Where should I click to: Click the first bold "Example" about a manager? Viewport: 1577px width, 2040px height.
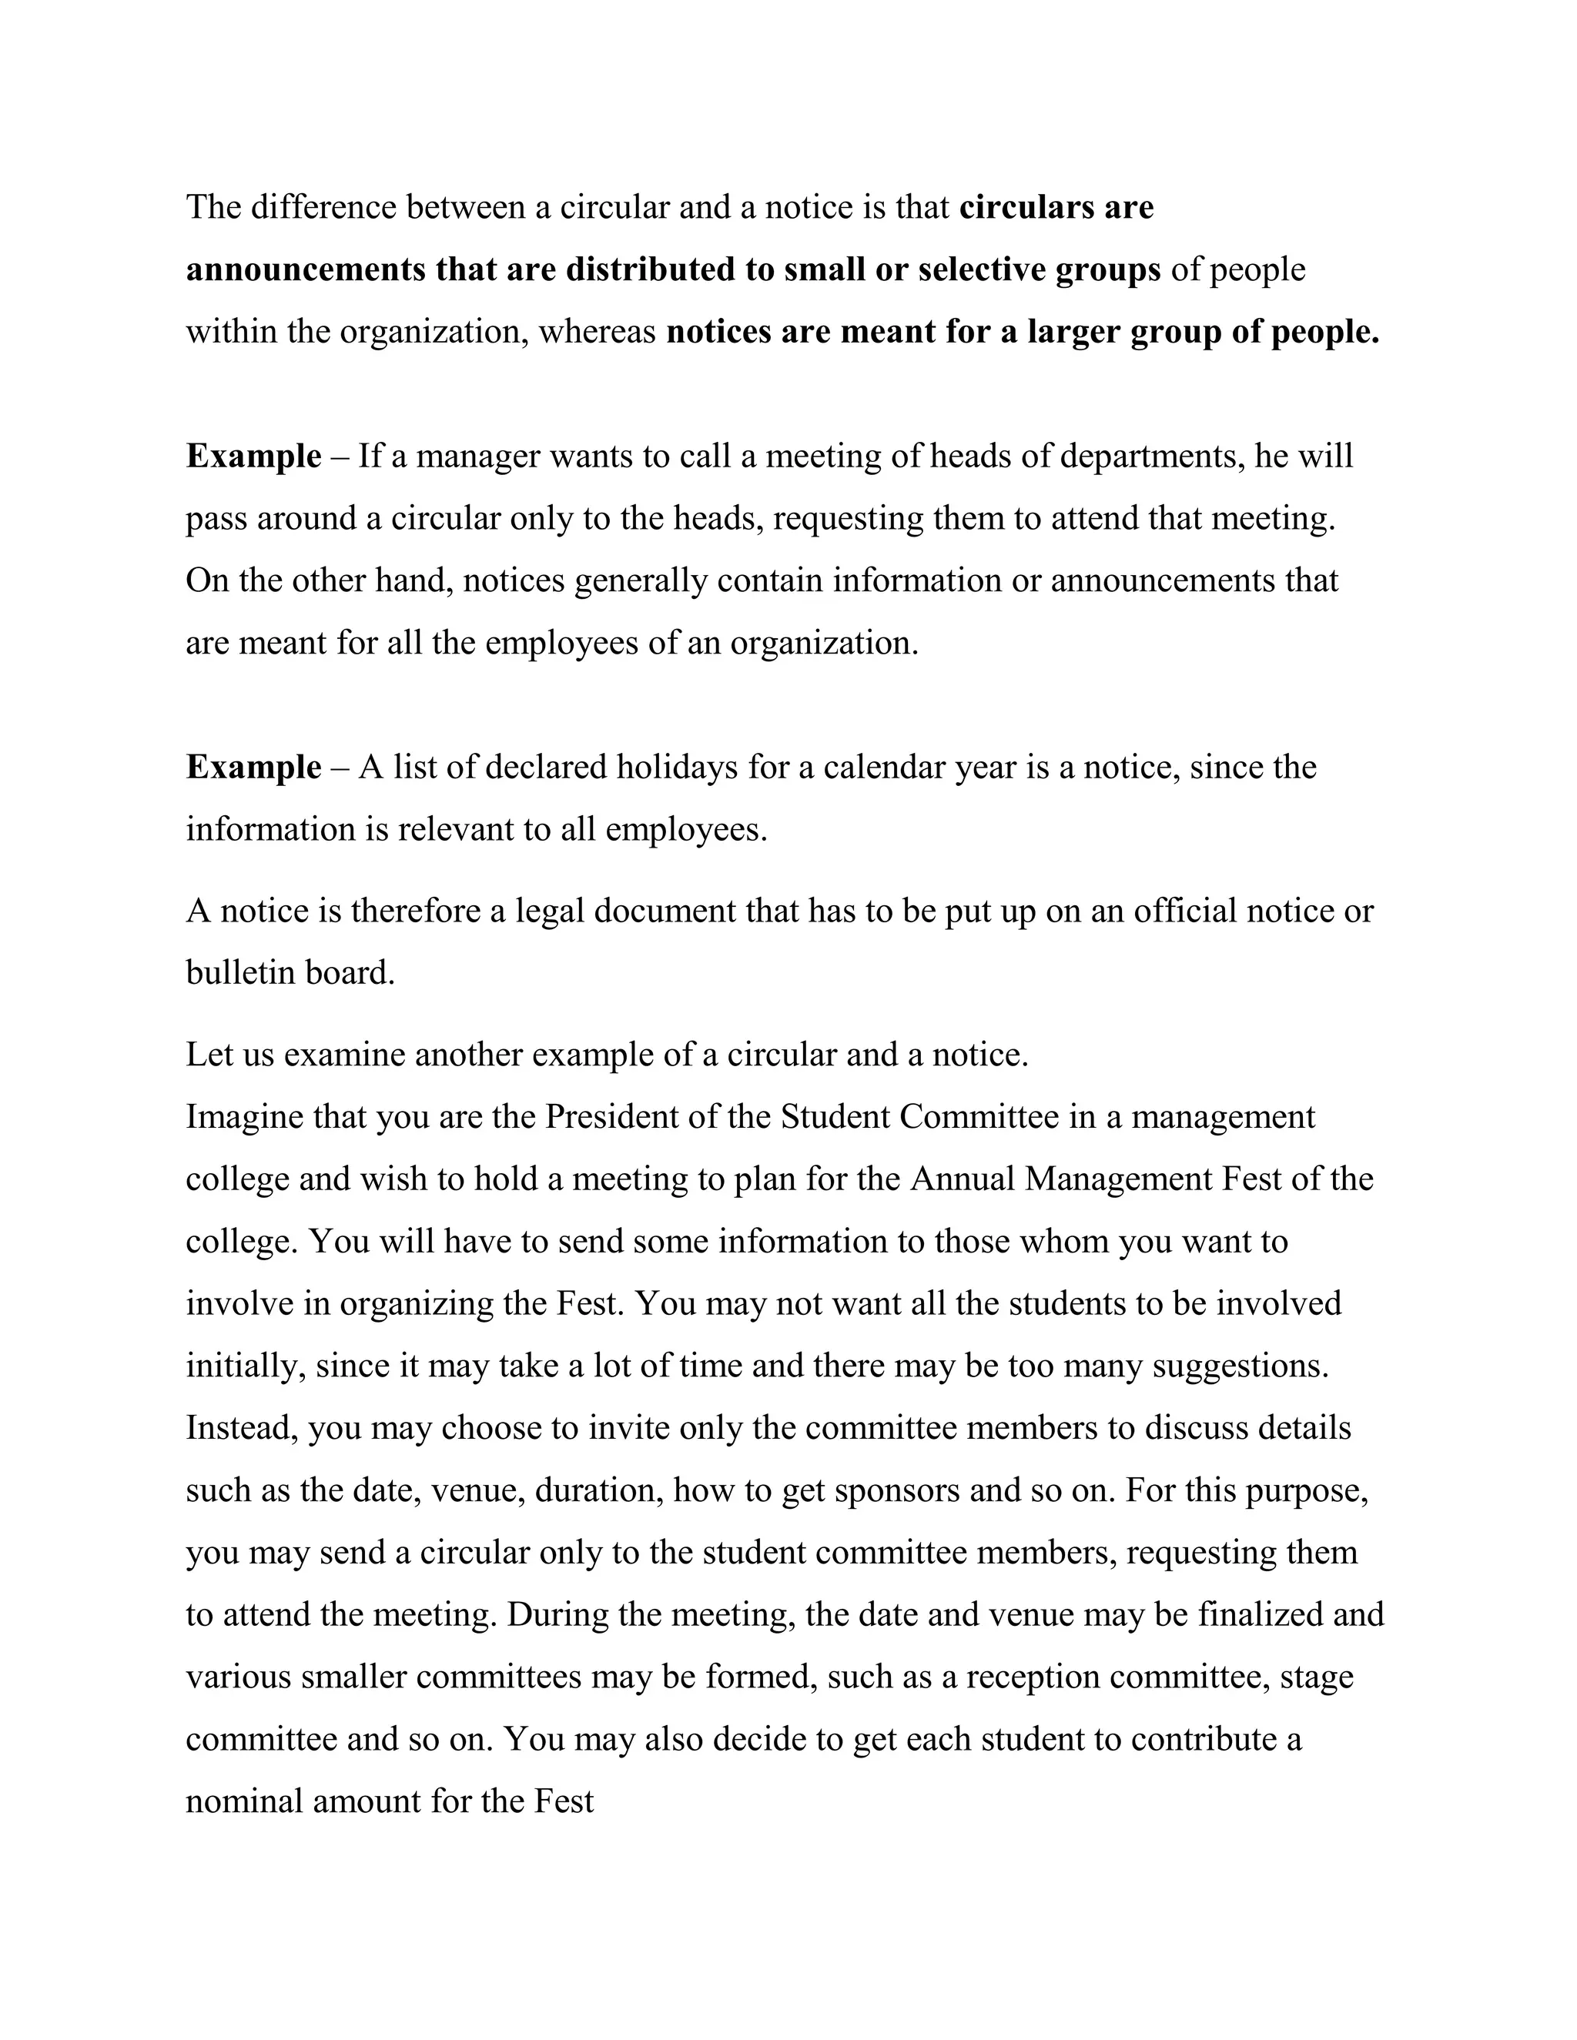[253, 456]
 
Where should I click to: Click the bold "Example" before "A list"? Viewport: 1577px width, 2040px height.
[253, 768]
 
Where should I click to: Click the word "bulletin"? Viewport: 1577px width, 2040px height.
[236, 973]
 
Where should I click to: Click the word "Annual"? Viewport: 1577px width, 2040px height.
[963, 1179]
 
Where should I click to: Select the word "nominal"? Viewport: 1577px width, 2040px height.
[244, 1801]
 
